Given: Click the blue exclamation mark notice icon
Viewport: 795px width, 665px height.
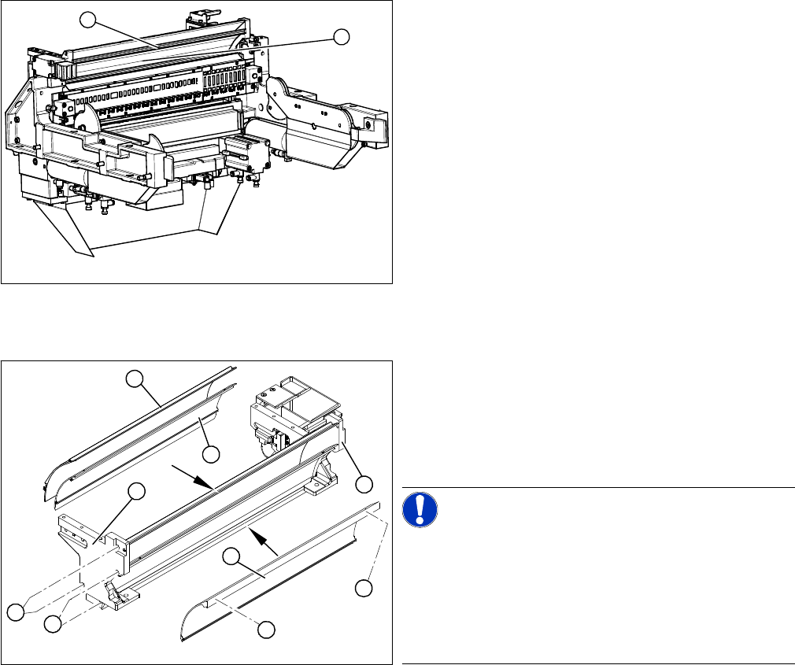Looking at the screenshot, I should tap(420, 509).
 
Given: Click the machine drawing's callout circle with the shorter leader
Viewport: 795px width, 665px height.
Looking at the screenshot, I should tap(341, 36).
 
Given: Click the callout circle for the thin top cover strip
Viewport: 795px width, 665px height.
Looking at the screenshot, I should tap(135, 380).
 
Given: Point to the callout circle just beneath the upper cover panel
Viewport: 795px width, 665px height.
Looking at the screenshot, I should tap(210, 454).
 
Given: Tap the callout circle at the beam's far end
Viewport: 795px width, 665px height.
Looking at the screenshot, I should tap(364, 482).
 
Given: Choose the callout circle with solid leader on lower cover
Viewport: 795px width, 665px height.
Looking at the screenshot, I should tap(231, 556).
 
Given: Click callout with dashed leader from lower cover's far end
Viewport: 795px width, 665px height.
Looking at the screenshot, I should tap(364, 587).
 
